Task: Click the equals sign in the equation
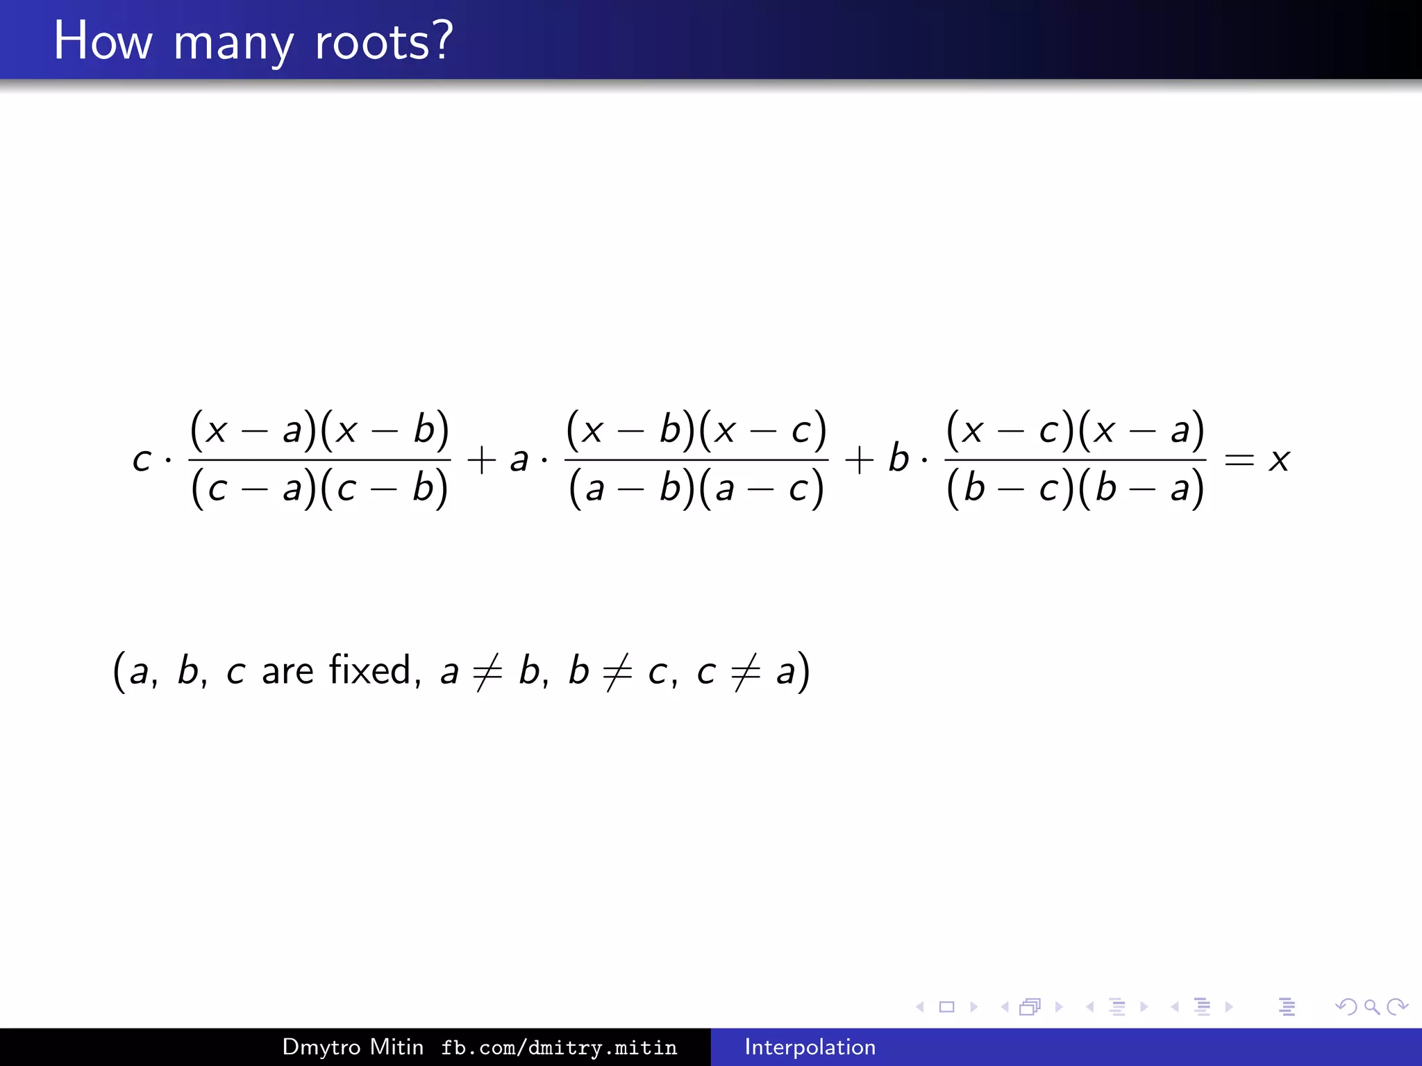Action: click(1239, 459)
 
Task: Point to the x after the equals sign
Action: click(1279, 459)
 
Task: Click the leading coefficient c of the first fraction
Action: click(142, 459)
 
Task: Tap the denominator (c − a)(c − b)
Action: click(319, 488)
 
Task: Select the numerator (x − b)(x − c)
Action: click(696, 430)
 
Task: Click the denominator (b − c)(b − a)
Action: click(1075, 488)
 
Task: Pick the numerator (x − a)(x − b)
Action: click(319, 430)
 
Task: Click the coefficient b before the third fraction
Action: click(898, 458)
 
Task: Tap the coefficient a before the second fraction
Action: click(519, 459)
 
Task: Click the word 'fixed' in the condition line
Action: click(371, 670)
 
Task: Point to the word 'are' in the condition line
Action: click(287, 672)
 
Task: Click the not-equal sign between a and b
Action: click(487, 672)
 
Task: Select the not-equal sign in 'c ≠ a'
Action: click(746, 672)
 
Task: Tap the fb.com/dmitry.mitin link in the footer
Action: click(559, 1047)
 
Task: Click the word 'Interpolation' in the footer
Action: click(810, 1047)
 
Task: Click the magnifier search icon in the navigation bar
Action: click(1371, 1006)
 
